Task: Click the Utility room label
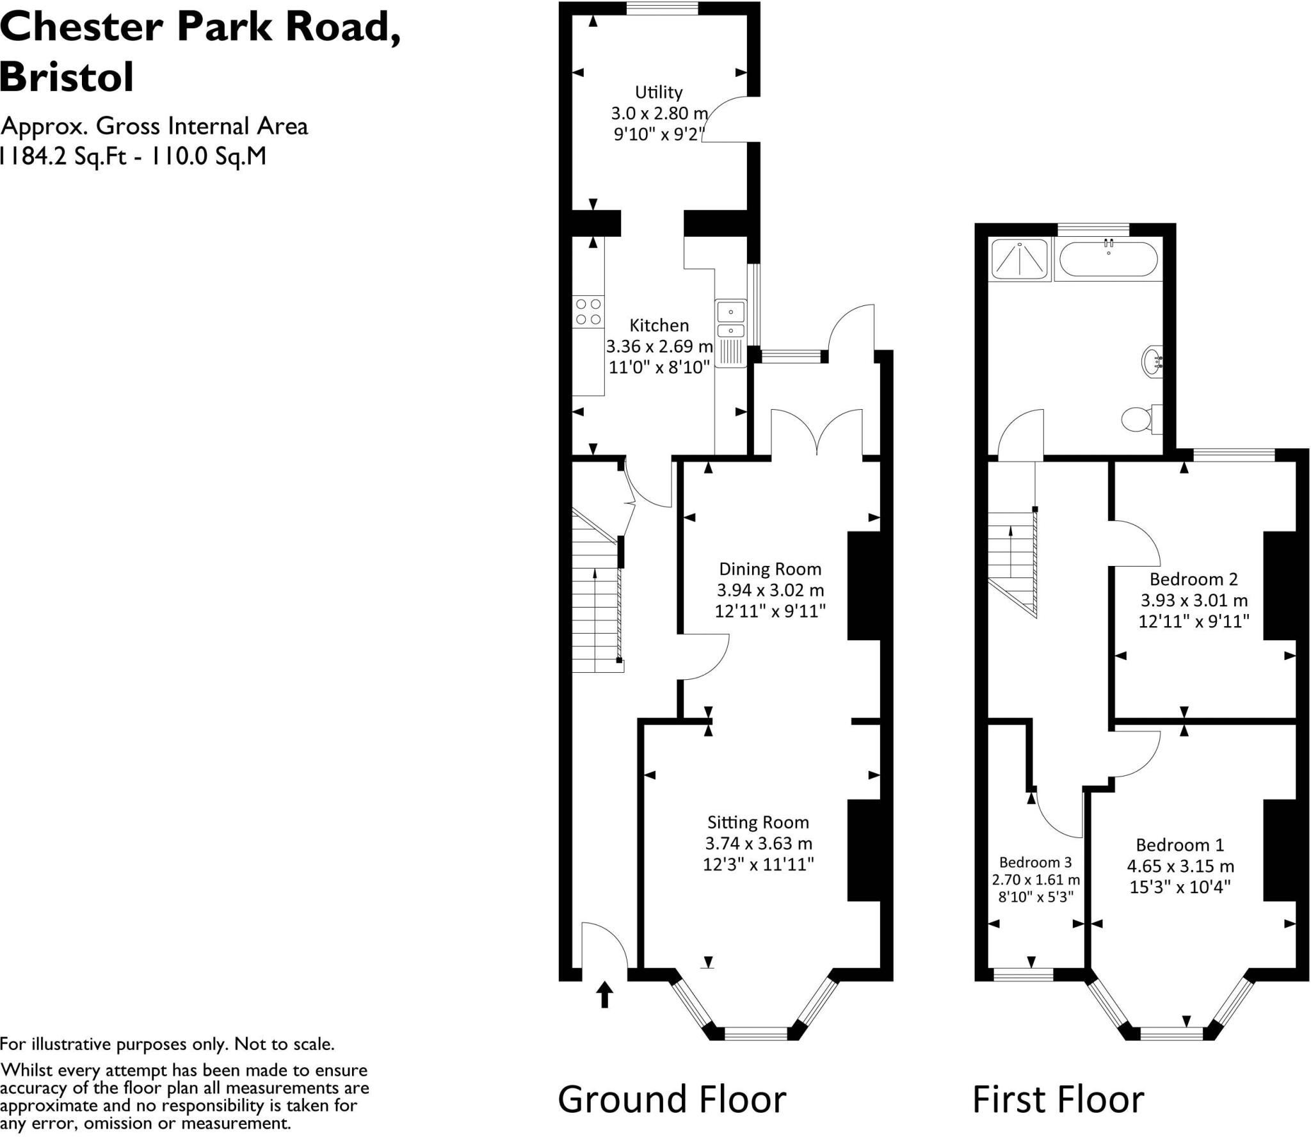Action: coord(659,92)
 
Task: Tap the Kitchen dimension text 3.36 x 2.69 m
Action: coord(659,346)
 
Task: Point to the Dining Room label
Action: coord(770,569)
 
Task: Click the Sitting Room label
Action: coord(758,822)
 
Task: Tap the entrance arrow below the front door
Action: coord(604,996)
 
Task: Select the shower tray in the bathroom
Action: coord(1019,259)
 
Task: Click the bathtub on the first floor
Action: coord(1108,259)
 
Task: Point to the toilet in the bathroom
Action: coord(1142,419)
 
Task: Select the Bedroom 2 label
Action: coord(1194,579)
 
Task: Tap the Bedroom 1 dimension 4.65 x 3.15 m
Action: coord(1180,866)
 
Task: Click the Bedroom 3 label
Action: coord(1035,862)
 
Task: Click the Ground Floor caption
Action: coord(672,1100)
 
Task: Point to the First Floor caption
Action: coord(1058,1100)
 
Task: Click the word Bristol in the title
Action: coord(67,77)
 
